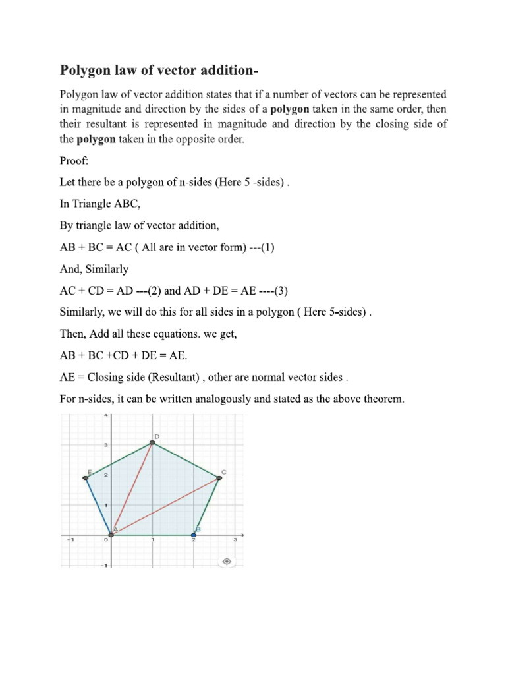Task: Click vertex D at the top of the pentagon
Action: (x=152, y=442)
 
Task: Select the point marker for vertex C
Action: (x=219, y=477)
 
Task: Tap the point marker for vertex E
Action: (x=86, y=477)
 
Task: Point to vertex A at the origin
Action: (x=111, y=534)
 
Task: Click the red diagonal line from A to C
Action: (x=165, y=506)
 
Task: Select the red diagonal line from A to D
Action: (x=132, y=488)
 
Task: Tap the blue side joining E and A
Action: (x=98, y=506)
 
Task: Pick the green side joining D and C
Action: (x=186, y=460)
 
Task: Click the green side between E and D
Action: (x=119, y=460)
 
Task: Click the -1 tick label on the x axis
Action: (x=68, y=541)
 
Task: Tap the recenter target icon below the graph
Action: (x=227, y=561)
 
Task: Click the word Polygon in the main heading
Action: (x=86, y=70)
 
